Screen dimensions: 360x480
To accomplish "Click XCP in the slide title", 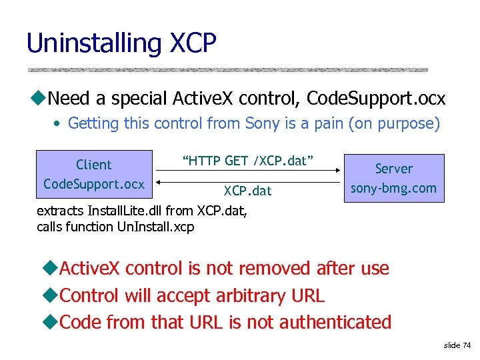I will tap(193, 43).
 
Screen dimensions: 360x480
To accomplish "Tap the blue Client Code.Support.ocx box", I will tap(94, 175).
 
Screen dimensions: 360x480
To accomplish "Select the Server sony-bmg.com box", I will tap(393, 178).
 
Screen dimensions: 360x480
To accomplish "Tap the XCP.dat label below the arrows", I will tap(248, 191).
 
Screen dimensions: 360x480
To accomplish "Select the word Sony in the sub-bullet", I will tap(262, 123).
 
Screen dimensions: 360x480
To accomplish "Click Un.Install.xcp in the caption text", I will tap(155, 227).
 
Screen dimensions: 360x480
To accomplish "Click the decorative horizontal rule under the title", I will tap(227, 69).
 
